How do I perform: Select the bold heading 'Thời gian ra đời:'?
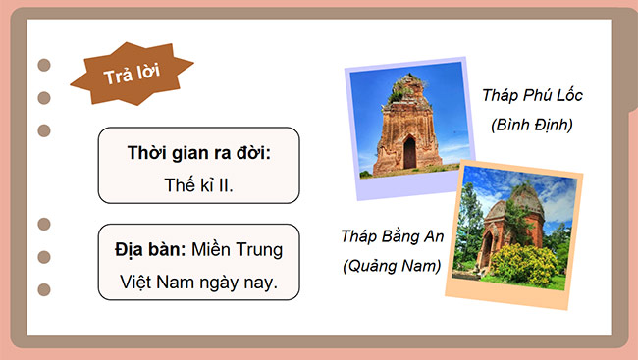(x=198, y=153)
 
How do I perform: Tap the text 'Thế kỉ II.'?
(x=198, y=183)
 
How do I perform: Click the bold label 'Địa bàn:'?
(x=149, y=249)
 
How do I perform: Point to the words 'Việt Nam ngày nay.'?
(x=198, y=280)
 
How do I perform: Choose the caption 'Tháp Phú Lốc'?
(x=532, y=96)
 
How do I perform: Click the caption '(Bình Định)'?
(x=532, y=126)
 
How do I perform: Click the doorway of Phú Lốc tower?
(x=409, y=154)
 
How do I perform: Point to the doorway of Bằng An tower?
(x=487, y=252)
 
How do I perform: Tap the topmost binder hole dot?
(x=44, y=65)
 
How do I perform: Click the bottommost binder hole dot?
(x=44, y=288)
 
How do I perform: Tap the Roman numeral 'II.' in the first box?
(x=225, y=183)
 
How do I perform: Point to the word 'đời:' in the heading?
(x=251, y=153)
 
